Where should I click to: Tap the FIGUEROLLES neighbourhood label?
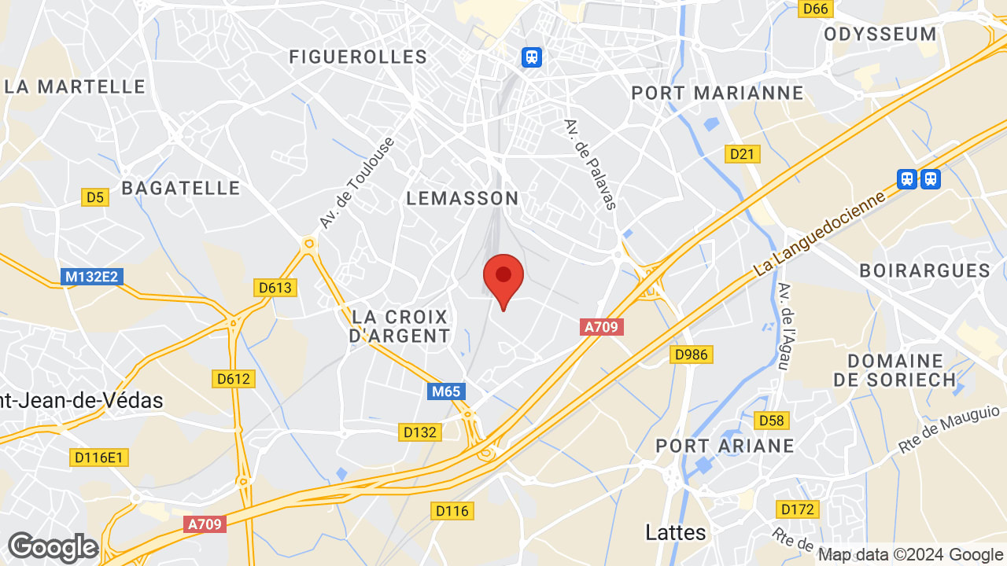pyautogui.click(x=358, y=57)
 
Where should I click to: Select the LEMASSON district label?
pyautogui.click(x=463, y=198)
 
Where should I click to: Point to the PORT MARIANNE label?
pyautogui.click(x=717, y=93)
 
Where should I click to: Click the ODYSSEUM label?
pyautogui.click(x=880, y=34)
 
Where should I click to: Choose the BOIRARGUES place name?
pyautogui.click(x=924, y=270)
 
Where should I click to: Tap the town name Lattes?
pyautogui.click(x=675, y=532)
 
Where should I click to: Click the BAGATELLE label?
pyautogui.click(x=181, y=188)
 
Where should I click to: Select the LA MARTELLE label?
pyautogui.click(x=76, y=86)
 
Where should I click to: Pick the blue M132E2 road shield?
pyautogui.click(x=92, y=277)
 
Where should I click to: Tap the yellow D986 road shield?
pyautogui.click(x=692, y=355)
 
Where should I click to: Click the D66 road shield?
pyautogui.click(x=816, y=9)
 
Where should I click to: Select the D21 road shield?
pyautogui.click(x=742, y=154)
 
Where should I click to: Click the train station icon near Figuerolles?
pyautogui.click(x=533, y=57)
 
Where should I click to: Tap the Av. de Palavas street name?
pyautogui.click(x=589, y=164)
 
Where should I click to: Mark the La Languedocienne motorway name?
pyautogui.click(x=819, y=231)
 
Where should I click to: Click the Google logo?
pyautogui.click(x=53, y=547)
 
